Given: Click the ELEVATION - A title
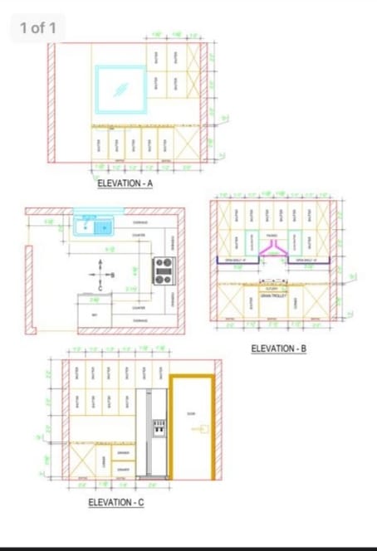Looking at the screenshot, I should [x=125, y=183].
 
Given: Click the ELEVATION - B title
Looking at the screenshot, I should [x=279, y=349].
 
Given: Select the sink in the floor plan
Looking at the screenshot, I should [x=93, y=224].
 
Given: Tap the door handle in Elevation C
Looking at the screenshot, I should [x=198, y=429].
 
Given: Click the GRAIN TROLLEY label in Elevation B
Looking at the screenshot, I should [x=272, y=295].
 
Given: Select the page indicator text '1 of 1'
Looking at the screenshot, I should [x=38, y=28].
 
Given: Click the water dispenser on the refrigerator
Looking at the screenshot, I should [x=157, y=428].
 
